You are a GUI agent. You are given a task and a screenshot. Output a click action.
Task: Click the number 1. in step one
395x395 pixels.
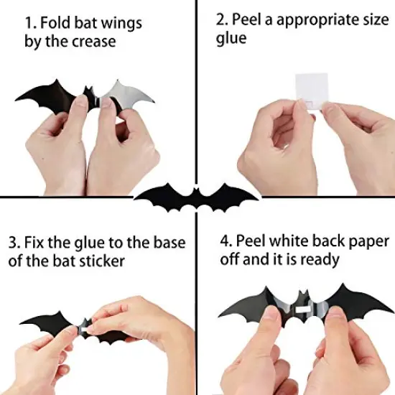[31, 22]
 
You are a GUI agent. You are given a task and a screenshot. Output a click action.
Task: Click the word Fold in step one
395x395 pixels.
[59, 22]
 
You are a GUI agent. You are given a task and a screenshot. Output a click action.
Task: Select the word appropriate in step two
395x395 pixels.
[309, 21]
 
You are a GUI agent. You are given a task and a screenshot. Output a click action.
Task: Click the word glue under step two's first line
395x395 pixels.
[231, 39]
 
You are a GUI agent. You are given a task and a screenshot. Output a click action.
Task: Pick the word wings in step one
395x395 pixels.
[121, 23]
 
